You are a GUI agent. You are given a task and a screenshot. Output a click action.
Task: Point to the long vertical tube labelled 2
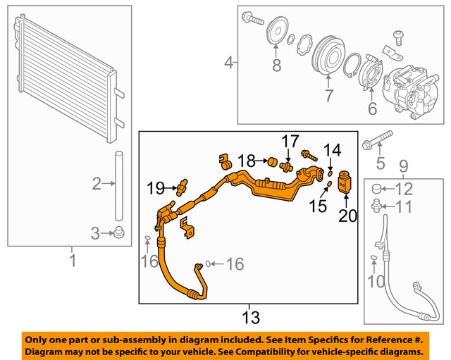point(119,185)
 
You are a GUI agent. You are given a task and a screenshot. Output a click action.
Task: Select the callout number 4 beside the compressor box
point(228,64)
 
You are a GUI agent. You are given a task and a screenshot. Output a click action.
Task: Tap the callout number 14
point(332,149)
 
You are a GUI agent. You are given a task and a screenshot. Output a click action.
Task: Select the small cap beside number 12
point(376,188)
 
